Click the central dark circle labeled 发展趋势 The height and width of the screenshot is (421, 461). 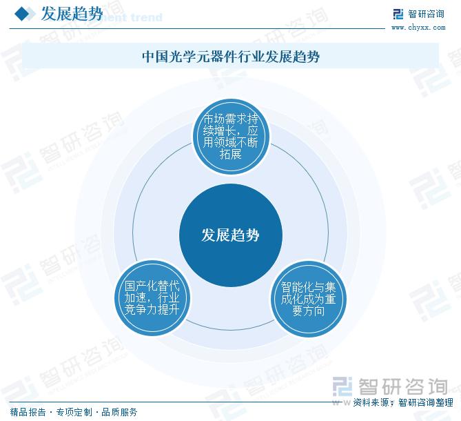(230, 235)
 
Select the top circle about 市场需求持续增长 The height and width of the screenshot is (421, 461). (231, 137)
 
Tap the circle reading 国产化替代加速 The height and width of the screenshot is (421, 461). (152, 298)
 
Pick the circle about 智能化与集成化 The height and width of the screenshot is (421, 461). (309, 299)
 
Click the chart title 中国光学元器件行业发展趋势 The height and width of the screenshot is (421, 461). (231, 56)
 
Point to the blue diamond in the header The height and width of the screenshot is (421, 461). (22, 14)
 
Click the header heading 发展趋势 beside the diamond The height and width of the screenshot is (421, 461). (72, 14)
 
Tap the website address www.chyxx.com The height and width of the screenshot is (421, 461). (418, 28)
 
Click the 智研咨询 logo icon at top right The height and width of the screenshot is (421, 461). (398, 14)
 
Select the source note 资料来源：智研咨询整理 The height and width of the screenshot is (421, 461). (403, 402)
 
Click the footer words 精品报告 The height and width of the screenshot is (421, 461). (28, 412)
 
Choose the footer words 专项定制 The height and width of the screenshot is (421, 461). (74, 412)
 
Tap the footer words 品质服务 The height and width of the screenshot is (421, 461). (119, 412)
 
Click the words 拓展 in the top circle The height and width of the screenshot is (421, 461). (231, 154)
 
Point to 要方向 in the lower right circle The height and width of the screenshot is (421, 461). (309, 311)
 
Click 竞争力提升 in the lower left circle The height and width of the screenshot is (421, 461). (152, 309)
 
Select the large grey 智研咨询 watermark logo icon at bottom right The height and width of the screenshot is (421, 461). (342, 386)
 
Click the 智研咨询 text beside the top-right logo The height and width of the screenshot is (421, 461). (426, 14)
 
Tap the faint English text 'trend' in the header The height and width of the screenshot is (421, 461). (146, 17)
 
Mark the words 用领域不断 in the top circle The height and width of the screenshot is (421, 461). (230, 142)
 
